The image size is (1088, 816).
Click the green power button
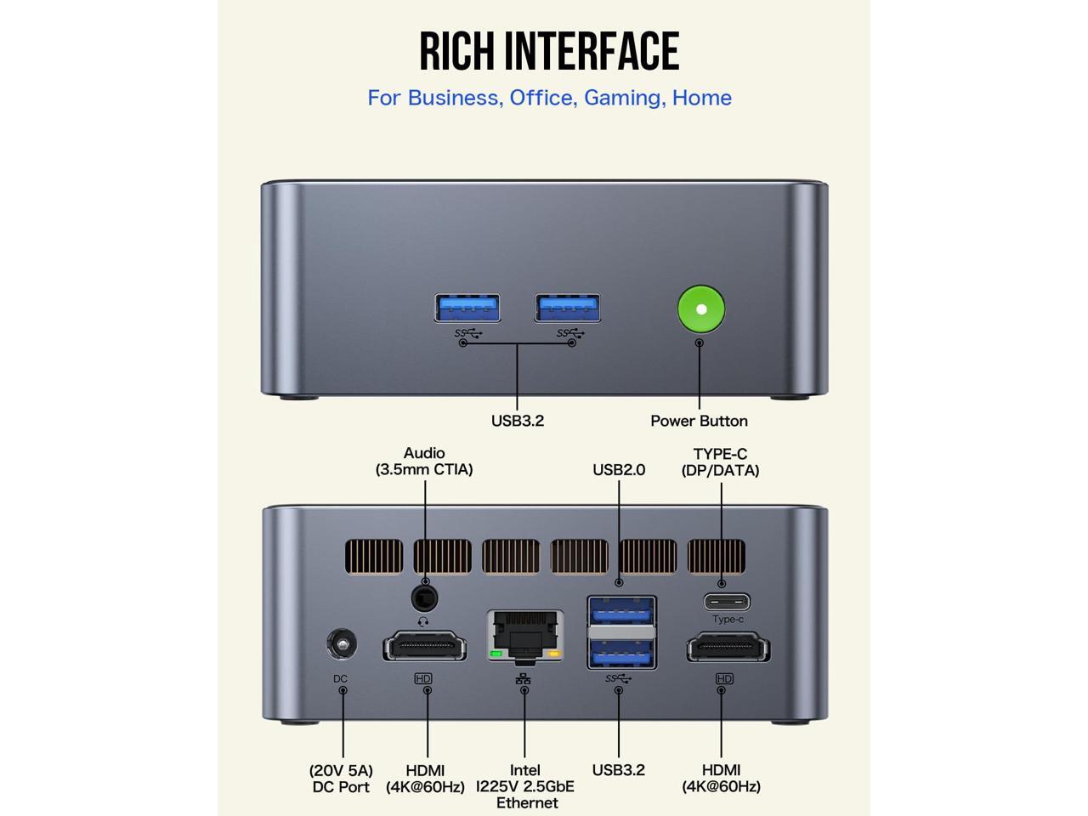[x=701, y=309]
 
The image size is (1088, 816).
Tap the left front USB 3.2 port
[x=467, y=307]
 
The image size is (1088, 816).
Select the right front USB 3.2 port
[x=568, y=307]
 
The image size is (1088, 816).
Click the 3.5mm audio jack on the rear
[x=424, y=598]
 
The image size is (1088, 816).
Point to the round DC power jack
[x=342, y=644]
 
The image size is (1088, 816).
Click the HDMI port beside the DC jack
[x=424, y=647]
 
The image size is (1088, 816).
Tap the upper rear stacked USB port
[x=620, y=611]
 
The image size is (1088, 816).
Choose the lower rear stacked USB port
[x=620, y=651]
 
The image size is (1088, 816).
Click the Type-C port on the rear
[x=727, y=603]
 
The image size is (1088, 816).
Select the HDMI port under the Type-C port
[x=728, y=648]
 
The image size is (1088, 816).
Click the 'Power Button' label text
[x=699, y=421]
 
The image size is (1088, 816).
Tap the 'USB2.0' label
[x=619, y=469]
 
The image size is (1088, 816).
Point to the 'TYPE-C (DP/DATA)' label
[x=720, y=462]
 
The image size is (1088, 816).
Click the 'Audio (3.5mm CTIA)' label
[x=424, y=461]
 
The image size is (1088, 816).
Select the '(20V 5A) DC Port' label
[x=341, y=779]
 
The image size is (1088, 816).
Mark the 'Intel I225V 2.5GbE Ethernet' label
[x=525, y=786]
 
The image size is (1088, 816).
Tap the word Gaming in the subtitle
[x=622, y=98]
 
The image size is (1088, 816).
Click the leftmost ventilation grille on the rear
[x=374, y=557]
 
